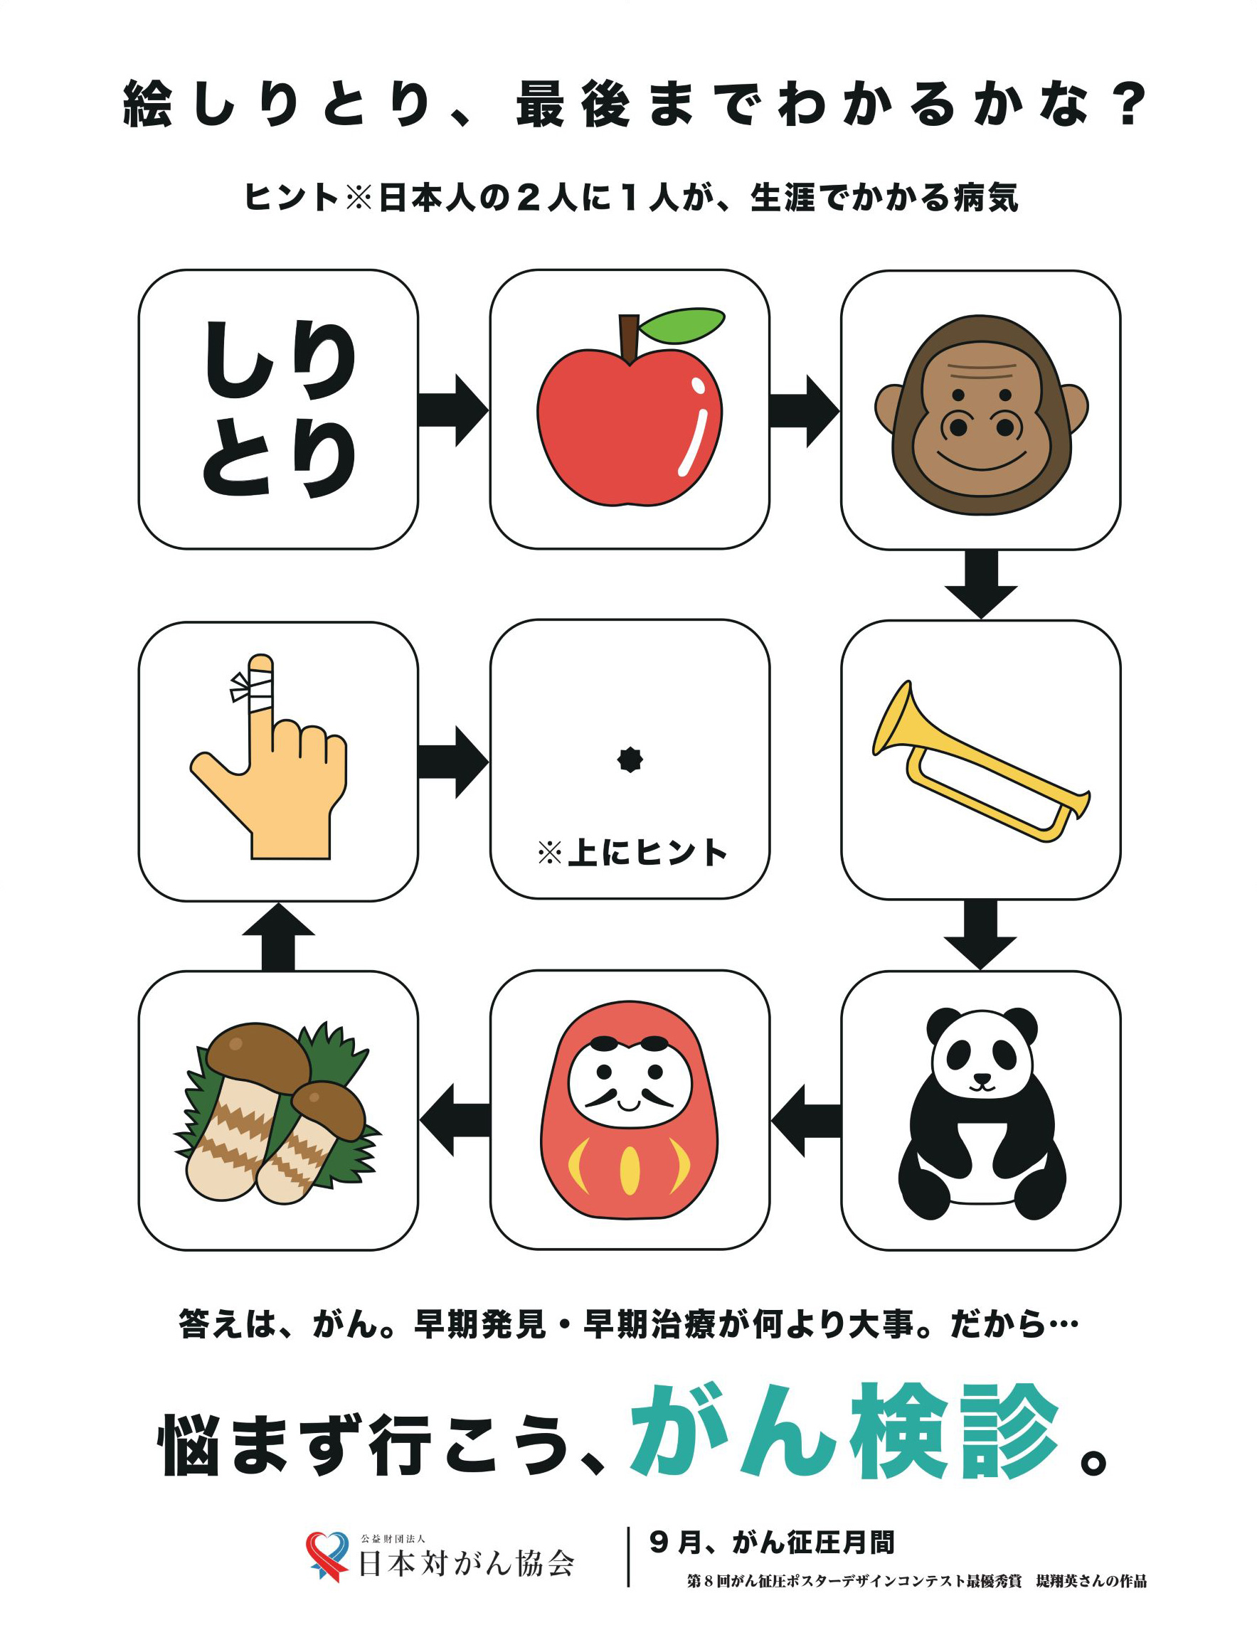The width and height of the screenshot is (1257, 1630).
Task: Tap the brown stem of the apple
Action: click(x=630, y=338)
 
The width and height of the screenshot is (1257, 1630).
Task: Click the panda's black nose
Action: click(x=981, y=1077)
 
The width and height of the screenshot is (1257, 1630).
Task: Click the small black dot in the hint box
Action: click(x=630, y=760)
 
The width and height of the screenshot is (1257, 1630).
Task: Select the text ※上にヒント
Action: click(x=631, y=853)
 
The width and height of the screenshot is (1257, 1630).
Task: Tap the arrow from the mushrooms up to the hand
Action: click(x=277, y=937)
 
